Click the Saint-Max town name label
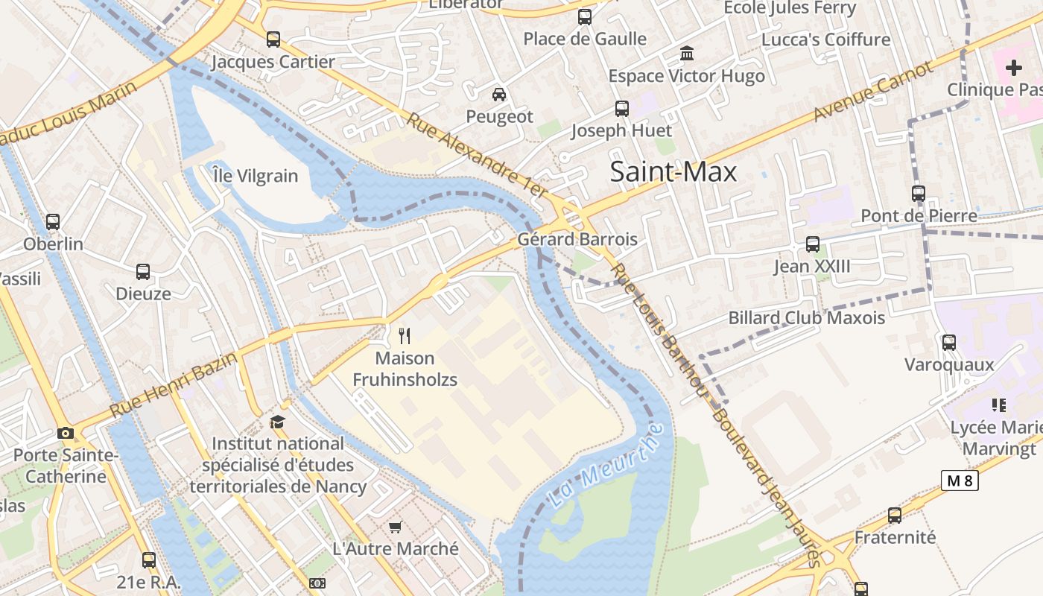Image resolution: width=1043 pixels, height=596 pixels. tap(673, 172)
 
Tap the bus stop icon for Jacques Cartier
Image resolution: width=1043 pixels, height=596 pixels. tap(273, 39)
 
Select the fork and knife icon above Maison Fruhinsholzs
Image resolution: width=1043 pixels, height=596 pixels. tap(405, 336)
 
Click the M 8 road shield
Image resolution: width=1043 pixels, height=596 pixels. tap(960, 481)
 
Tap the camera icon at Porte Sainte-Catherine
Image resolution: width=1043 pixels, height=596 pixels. tap(66, 433)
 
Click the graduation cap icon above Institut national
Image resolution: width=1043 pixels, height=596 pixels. tap(277, 422)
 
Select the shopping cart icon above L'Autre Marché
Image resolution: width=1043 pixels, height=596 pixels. tap(395, 527)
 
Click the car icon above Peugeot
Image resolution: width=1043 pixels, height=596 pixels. tap(499, 94)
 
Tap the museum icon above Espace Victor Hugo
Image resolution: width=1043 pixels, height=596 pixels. tap(686, 54)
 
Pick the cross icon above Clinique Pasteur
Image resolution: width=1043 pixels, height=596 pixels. tap(1013, 68)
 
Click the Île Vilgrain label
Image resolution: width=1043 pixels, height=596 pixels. tap(255, 177)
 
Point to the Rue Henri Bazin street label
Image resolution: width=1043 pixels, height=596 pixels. tap(174, 384)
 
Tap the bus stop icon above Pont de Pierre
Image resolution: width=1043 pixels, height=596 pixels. tap(919, 194)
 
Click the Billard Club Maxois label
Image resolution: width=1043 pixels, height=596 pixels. tap(806, 318)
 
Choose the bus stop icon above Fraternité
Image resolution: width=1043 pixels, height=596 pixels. tap(895, 516)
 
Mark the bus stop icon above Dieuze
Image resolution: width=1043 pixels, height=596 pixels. tap(143, 272)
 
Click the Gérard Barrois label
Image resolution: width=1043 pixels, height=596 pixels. tap(577, 239)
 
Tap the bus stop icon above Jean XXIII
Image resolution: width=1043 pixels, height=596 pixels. tap(813, 244)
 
